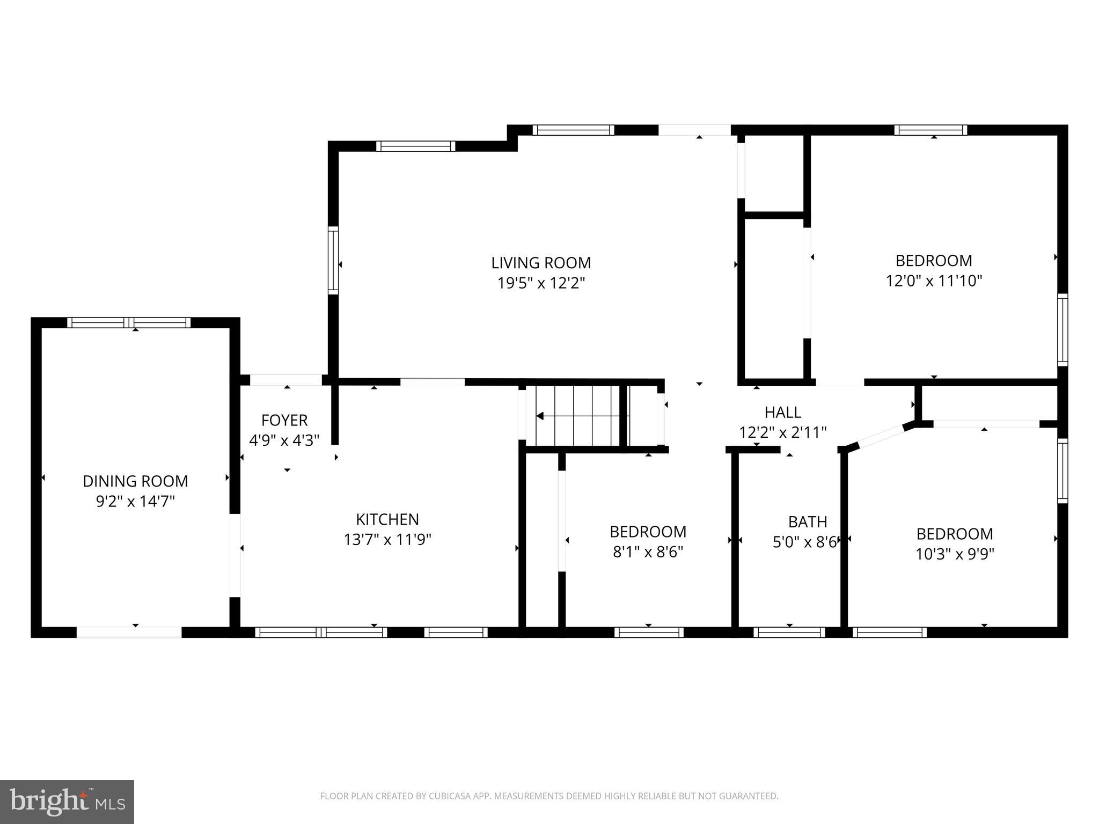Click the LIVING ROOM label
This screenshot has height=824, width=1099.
pos(541,263)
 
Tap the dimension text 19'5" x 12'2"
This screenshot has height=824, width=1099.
pos(541,283)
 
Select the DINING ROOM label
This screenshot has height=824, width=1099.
pos(135,481)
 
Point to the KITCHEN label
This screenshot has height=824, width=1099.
pos(387,519)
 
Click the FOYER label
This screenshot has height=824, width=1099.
pos(284,420)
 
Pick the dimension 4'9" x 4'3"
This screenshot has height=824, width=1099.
pos(284,440)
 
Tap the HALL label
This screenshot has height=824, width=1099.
pos(783,413)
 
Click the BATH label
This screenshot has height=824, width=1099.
pos(807,522)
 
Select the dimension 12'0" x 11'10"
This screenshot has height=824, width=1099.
pos(934,281)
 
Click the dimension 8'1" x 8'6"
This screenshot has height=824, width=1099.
pos(648,552)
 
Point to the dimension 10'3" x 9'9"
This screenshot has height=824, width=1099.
pos(955,554)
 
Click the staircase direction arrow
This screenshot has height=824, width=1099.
pos(540,416)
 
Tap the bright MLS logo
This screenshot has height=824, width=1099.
pos(67,802)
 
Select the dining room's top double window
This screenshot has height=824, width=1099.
pos(129,322)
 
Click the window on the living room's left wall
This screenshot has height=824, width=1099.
pos(333,260)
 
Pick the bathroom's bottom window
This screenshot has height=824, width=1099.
pos(789,632)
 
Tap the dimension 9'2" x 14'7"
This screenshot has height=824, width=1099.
pos(135,502)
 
